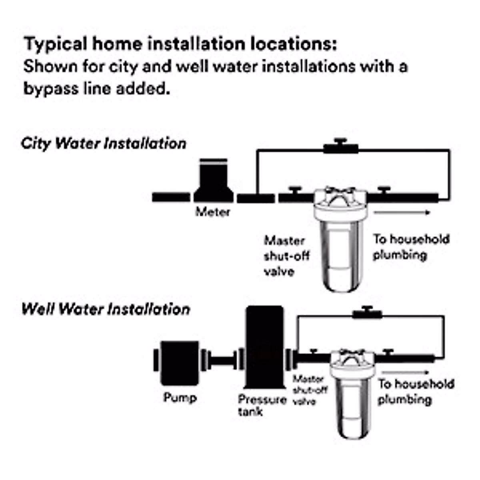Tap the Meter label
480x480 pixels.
click(x=213, y=212)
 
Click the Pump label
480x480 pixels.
click(x=180, y=398)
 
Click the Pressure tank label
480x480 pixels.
click(x=262, y=405)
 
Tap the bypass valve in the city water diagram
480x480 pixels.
click(x=341, y=148)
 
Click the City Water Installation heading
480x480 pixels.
click(x=104, y=144)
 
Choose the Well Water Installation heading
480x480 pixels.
click(x=106, y=309)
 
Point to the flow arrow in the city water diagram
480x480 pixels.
click(x=402, y=212)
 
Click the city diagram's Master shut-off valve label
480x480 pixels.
click(x=286, y=256)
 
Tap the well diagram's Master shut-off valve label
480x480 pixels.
click(x=310, y=390)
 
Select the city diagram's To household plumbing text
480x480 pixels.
click(x=411, y=247)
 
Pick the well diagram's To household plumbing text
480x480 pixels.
click(x=416, y=392)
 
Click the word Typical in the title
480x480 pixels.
click(x=56, y=44)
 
